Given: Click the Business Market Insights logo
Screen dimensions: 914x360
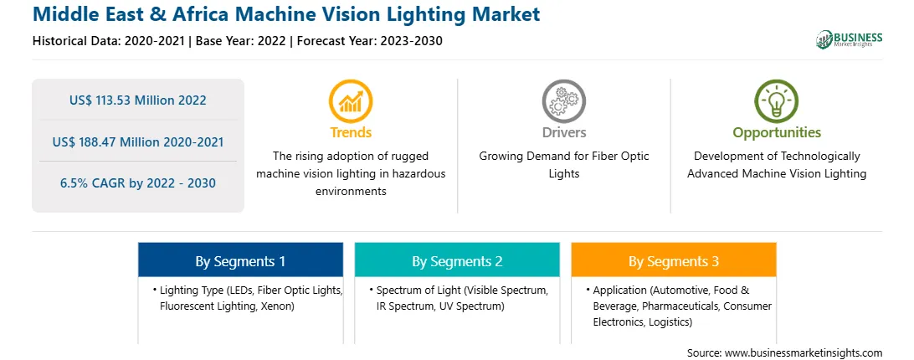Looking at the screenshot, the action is point(849,39).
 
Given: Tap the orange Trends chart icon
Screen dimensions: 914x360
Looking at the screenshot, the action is point(351,101).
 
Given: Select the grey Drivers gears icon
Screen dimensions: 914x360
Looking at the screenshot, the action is point(563,101).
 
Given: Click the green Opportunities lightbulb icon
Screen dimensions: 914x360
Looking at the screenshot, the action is point(777,101).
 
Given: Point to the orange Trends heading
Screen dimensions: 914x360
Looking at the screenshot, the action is point(351,132).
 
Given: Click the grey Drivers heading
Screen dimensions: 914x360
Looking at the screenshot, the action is point(563,132).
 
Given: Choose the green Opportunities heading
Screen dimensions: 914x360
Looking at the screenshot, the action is point(777,133).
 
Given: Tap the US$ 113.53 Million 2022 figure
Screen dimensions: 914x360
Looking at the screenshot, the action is point(137,100).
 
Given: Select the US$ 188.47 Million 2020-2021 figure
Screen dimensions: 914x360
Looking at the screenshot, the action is point(137,141).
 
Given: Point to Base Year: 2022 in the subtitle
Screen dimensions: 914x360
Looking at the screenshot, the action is point(241,41).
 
